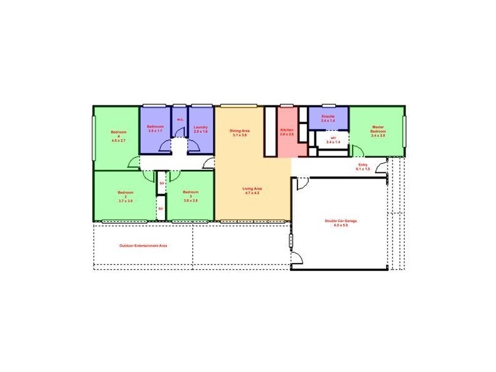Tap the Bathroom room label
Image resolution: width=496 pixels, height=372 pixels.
tap(155, 126)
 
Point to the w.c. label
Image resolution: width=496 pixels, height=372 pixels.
tap(180, 120)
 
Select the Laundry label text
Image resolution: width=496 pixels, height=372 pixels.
tap(200, 126)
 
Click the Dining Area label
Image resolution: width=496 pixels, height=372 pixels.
tap(239, 130)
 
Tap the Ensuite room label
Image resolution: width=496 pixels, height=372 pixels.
tap(328, 116)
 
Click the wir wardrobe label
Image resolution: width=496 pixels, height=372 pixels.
tap(333, 138)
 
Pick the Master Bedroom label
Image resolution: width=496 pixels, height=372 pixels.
tap(378, 129)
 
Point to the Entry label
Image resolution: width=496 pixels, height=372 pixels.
tap(363, 164)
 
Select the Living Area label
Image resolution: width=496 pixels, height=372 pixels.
tap(253, 188)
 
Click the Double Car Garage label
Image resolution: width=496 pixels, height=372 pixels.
tap(341, 221)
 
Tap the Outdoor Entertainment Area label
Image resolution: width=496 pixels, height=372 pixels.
tap(143, 246)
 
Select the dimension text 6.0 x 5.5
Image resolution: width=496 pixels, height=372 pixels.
tap(341, 225)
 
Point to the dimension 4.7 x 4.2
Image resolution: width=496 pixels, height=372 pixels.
tap(253, 193)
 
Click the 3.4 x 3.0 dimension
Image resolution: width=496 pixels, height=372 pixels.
tap(378, 136)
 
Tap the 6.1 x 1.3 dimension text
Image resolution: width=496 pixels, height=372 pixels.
tap(363, 169)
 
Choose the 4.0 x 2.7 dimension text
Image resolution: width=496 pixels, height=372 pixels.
tap(118, 141)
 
